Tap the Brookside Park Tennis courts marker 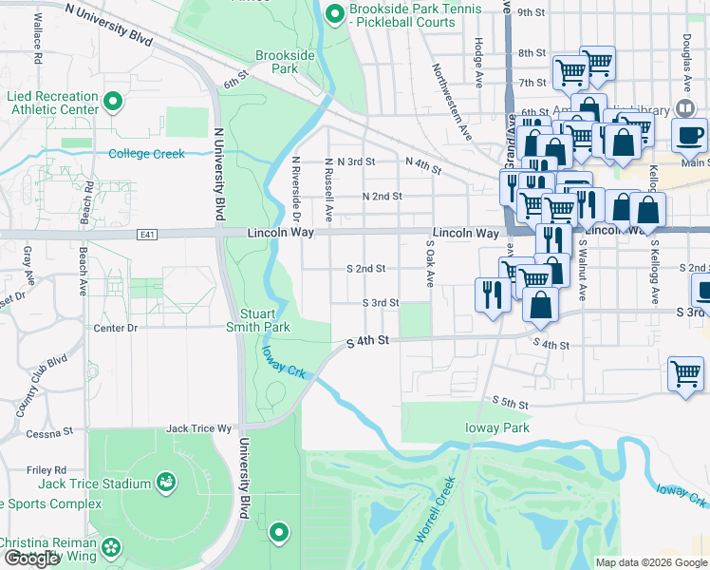(334, 13)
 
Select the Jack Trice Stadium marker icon (166, 484)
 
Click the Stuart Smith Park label (264, 318)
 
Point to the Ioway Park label (497, 427)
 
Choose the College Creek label (146, 153)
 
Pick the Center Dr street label (116, 328)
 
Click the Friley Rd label (47, 469)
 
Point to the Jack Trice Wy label (199, 428)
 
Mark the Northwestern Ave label (452, 102)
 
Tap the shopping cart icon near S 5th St (685, 372)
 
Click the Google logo (31, 559)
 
